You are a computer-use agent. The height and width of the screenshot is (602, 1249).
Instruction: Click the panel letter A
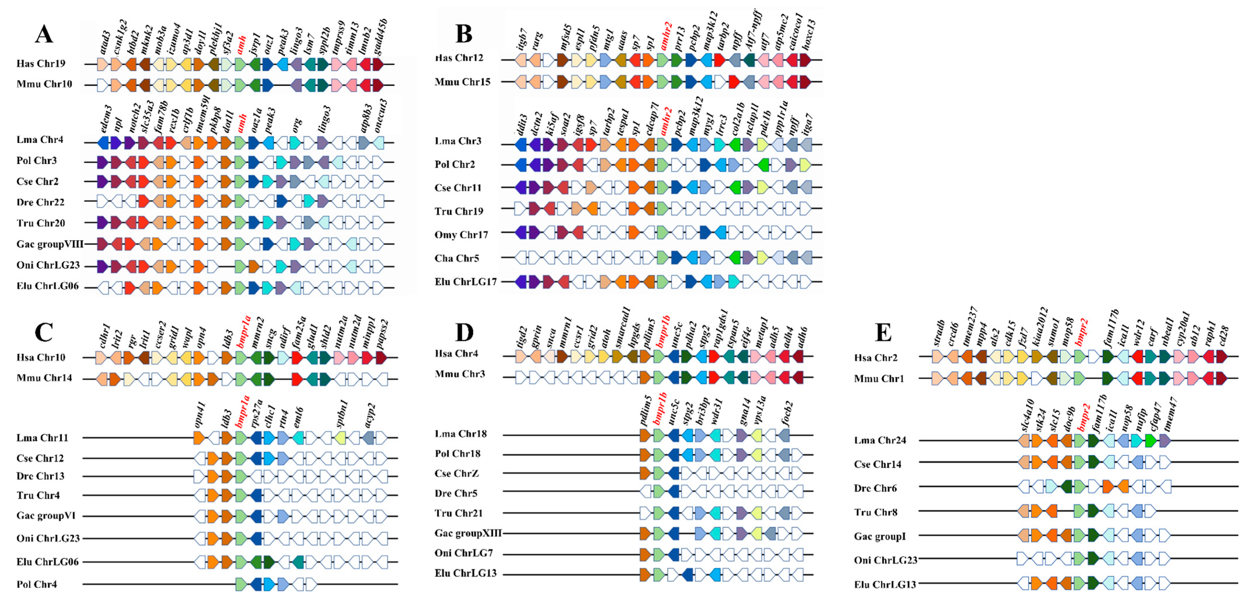point(44,34)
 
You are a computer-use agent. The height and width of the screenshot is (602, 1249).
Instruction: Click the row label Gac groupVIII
point(50,244)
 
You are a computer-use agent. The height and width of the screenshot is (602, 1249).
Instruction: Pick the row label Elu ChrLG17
point(465,281)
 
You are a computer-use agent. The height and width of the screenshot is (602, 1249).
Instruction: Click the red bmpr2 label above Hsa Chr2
point(1081,332)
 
